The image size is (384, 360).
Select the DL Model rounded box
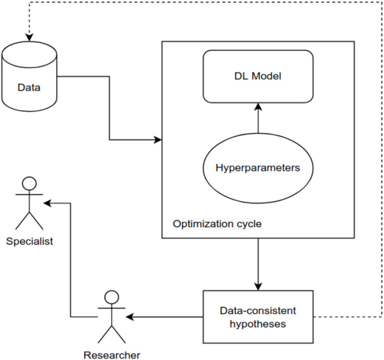[x=258, y=76]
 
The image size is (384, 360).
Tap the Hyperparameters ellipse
[x=258, y=168]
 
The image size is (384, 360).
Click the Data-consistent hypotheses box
[x=258, y=316]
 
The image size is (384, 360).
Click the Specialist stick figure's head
[x=29, y=184]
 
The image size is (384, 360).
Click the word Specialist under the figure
[x=29, y=242]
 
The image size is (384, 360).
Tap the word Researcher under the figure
[x=112, y=355]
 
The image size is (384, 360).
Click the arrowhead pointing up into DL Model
[x=258, y=107]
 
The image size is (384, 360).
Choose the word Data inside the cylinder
[x=29, y=86]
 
